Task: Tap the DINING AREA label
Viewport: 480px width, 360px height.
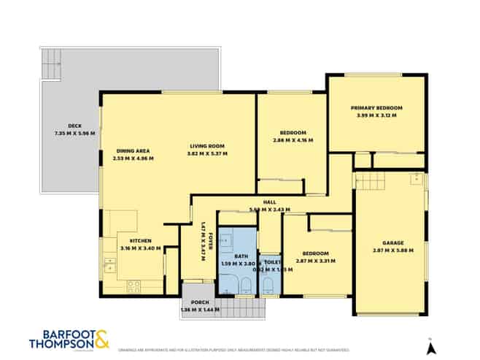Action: pos(133,150)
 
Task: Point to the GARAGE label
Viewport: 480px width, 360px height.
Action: pos(392,242)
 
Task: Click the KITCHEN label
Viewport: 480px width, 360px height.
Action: pos(140,240)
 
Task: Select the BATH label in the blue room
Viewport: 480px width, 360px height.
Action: pos(241,256)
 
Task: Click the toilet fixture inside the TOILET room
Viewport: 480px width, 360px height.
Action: pos(268,285)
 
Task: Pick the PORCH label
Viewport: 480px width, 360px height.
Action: pos(200,302)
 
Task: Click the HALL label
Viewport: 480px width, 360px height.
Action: pos(270,202)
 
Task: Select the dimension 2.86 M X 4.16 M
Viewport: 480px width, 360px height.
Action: pos(293,140)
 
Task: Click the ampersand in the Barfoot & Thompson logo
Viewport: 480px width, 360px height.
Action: pos(102,340)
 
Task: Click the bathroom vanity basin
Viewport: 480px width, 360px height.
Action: pos(225,240)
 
